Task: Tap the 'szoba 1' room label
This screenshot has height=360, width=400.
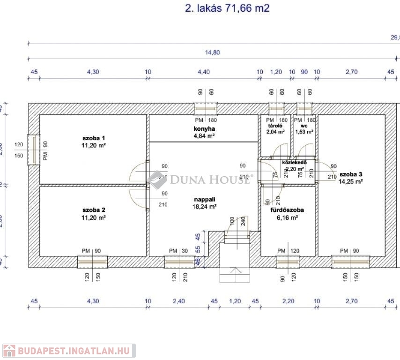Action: pos(94,138)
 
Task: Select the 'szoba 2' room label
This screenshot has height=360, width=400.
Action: pos(94,210)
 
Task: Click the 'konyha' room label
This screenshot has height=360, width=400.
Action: pos(204,128)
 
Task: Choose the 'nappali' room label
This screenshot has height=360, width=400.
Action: pos(204,199)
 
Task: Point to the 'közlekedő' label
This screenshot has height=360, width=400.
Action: pos(294,163)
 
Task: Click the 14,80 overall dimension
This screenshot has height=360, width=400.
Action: pos(213,52)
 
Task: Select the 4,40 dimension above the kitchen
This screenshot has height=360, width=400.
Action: pos(204,72)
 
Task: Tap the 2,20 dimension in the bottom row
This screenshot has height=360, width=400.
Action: pos(288,301)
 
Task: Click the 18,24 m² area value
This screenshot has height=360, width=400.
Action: pos(204,206)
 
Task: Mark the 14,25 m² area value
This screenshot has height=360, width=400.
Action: pos(351,180)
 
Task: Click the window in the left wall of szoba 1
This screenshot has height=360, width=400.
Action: pos(33,150)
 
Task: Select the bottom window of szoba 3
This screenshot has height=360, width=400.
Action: pos(351,262)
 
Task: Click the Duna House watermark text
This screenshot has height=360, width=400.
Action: pos(209,179)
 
